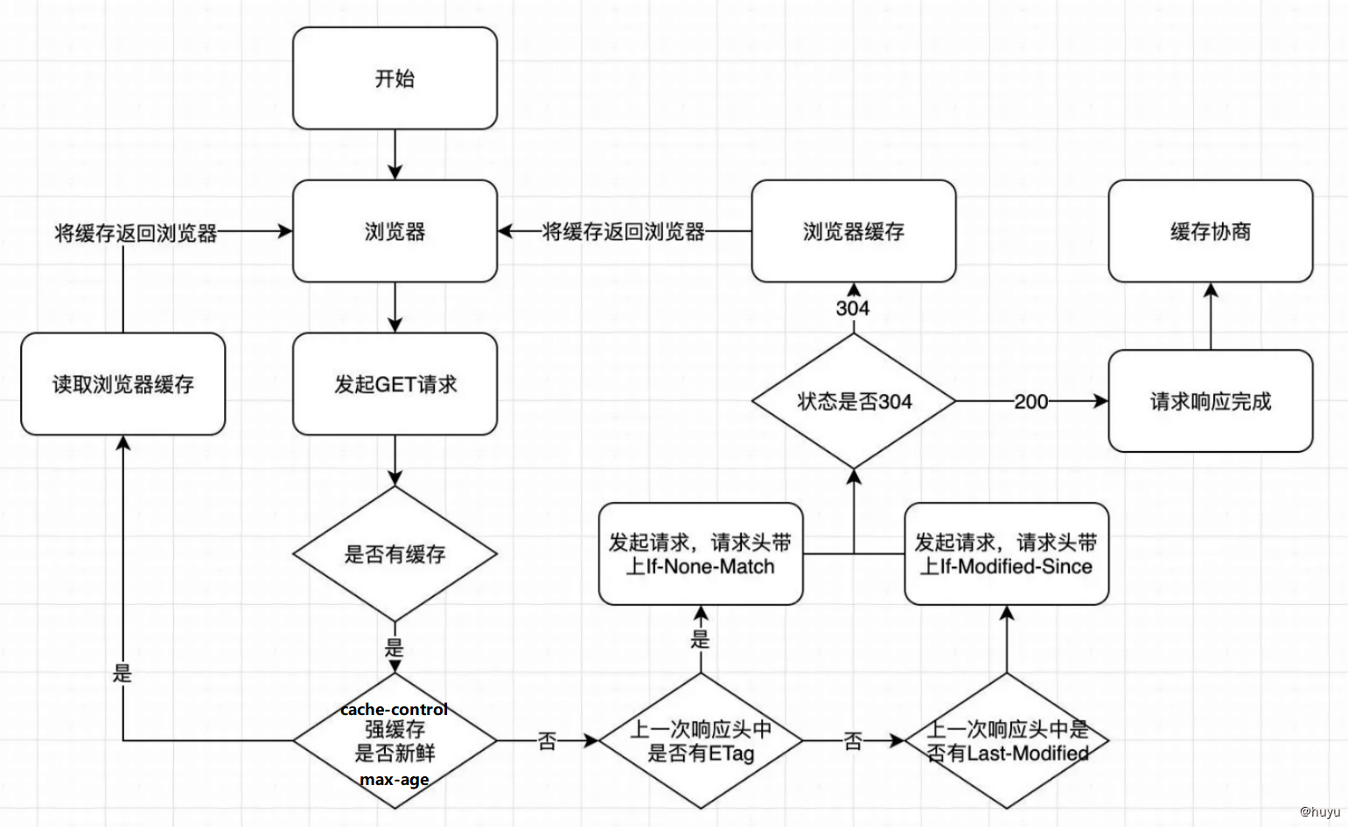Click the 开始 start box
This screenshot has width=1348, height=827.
coord(395,79)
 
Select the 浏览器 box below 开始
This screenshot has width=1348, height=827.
coord(395,232)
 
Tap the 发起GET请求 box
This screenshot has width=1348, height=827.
coord(395,384)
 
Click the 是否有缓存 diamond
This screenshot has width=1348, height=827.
coord(395,554)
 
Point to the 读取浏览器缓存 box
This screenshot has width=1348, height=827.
coord(122,384)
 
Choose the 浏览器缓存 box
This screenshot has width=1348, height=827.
coord(853,232)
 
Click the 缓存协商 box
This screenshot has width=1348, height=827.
coord(1210,232)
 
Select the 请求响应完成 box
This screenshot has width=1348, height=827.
coord(1210,401)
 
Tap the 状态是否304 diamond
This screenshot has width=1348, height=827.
coord(853,401)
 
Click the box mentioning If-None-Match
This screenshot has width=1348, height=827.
coord(700,554)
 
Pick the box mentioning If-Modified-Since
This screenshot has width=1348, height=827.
coord(1006,554)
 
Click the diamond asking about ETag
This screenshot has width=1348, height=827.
coord(700,741)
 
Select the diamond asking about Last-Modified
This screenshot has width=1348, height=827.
coord(1006,741)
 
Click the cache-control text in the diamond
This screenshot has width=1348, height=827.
coord(394,709)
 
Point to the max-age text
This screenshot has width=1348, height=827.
coord(394,779)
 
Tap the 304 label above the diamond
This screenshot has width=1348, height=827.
coord(852,308)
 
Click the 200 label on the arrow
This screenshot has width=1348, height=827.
coord(1030,401)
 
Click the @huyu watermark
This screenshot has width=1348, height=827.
coord(1318,811)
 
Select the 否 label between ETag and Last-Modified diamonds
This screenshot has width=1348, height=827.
coord(853,741)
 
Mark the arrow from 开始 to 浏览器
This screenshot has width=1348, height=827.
coord(395,156)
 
